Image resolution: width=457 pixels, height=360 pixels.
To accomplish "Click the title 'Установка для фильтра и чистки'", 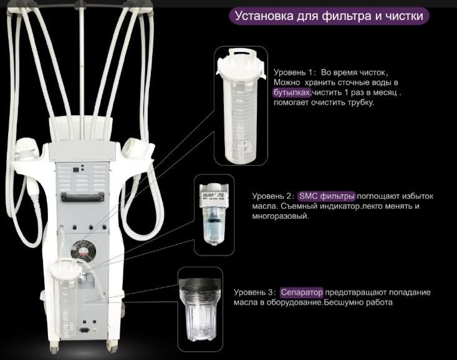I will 328,16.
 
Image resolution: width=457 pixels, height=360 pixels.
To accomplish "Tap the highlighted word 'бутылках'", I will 292,92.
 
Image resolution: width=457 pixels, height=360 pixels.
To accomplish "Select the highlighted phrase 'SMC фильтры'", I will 327,196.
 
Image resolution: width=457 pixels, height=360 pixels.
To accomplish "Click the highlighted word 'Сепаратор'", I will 302,292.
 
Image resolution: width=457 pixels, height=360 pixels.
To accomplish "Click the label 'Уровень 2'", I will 271,196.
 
